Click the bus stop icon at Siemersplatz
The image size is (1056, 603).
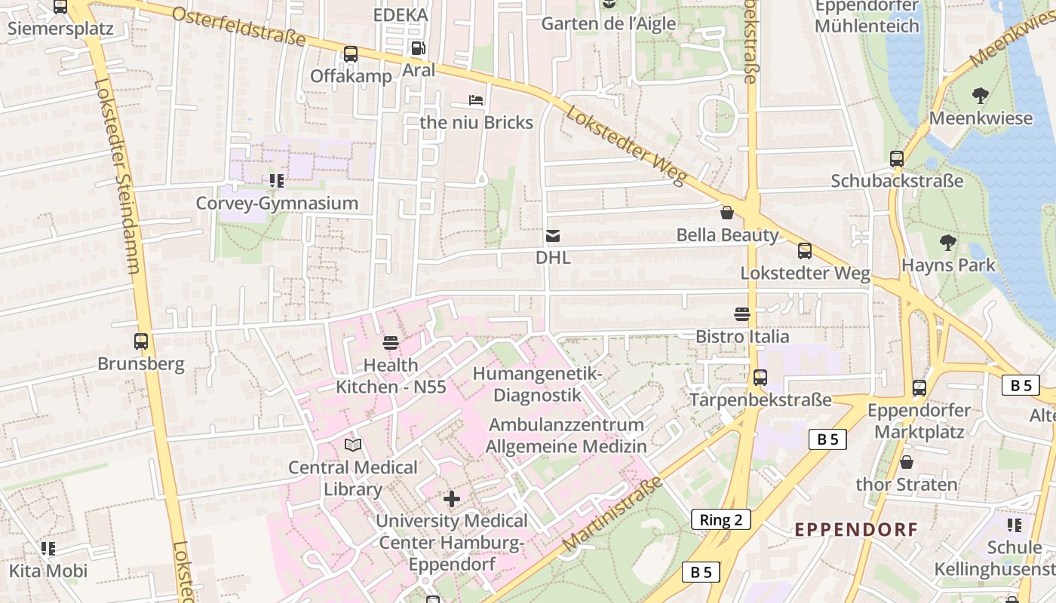point(60,8)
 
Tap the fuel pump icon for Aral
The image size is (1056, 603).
point(418,48)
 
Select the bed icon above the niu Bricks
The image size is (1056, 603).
point(476,100)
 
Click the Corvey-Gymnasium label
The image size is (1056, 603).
point(277,204)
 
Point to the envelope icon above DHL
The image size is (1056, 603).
point(553,237)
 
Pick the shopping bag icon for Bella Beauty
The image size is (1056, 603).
point(727,213)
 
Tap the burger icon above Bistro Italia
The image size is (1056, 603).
point(742,314)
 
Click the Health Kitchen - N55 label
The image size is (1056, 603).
point(391,376)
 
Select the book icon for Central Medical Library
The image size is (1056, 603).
point(353,445)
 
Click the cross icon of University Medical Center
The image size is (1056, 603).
point(452,499)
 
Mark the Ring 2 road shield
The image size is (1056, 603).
point(720,519)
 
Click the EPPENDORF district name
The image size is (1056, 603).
point(856,529)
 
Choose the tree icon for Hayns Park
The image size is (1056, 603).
point(948,243)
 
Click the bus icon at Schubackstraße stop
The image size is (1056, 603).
point(897,159)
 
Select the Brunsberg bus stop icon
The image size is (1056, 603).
point(141,341)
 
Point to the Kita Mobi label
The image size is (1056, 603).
point(48,571)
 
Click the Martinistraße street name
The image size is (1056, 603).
point(612,513)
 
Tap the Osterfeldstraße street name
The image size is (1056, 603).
point(238,26)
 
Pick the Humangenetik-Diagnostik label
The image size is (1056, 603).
point(537,384)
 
